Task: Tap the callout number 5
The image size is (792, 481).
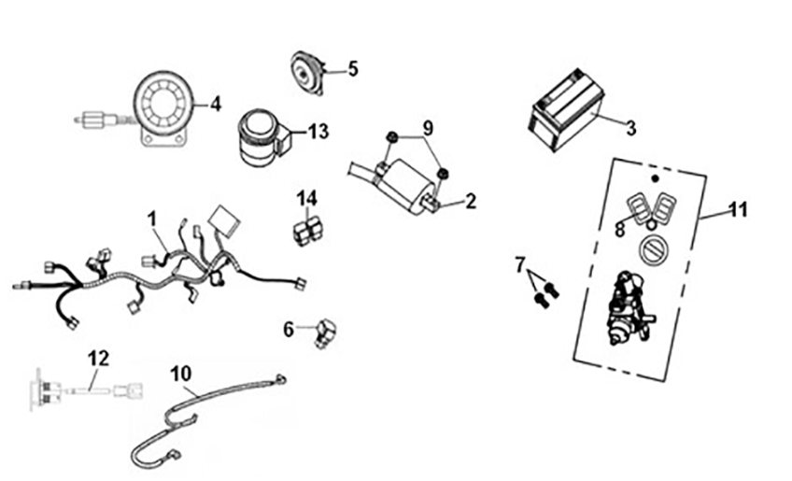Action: (x=353, y=68)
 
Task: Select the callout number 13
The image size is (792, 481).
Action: (x=318, y=132)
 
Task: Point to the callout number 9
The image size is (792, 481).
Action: (x=428, y=127)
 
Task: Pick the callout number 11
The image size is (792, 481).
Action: (x=738, y=210)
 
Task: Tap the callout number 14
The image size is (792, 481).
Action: (x=307, y=198)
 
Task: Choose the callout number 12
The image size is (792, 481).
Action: (x=98, y=357)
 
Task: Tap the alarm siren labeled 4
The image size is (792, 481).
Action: (x=164, y=106)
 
